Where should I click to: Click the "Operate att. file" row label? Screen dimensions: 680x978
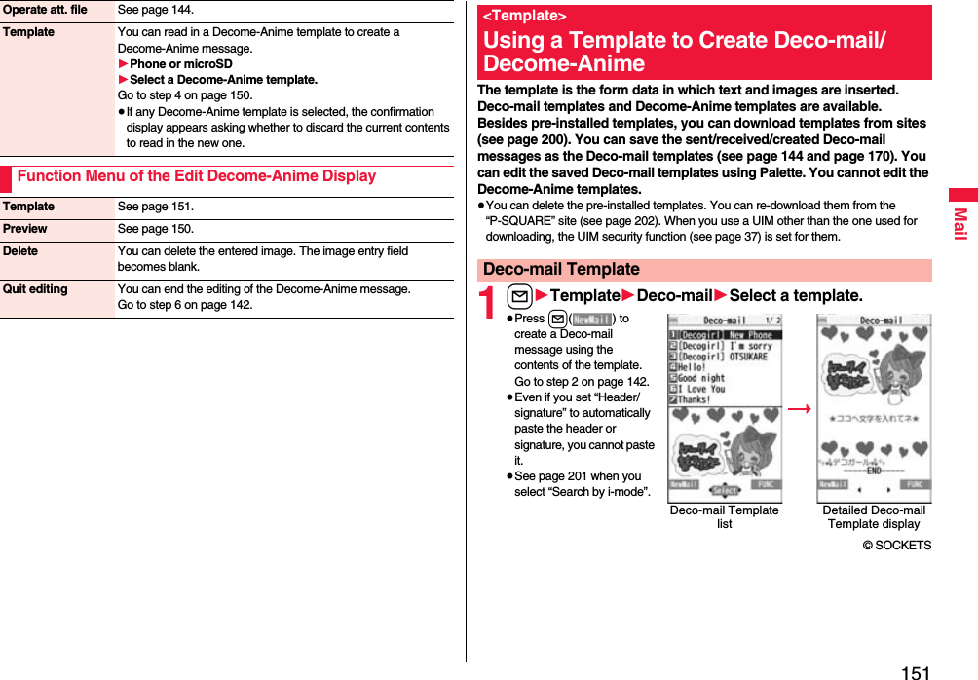pos(44,10)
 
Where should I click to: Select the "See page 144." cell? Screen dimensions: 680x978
pos(155,10)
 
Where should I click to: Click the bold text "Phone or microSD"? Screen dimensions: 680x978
pos(181,64)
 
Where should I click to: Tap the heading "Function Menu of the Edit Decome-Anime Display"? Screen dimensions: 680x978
pos(197,176)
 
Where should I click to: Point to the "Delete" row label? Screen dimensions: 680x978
pos(20,251)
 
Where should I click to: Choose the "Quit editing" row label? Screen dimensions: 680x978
pos(35,289)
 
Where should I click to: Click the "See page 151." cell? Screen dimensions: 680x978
pos(155,207)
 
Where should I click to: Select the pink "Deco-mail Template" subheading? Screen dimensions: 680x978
pos(561,270)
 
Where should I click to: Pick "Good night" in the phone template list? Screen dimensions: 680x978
pos(701,378)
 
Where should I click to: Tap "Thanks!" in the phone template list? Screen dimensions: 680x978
pos(695,399)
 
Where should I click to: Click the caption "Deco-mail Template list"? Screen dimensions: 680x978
pos(724,517)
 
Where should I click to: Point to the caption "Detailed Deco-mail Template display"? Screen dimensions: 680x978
pos(874,517)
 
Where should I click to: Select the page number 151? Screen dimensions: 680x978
pos(915,672)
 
